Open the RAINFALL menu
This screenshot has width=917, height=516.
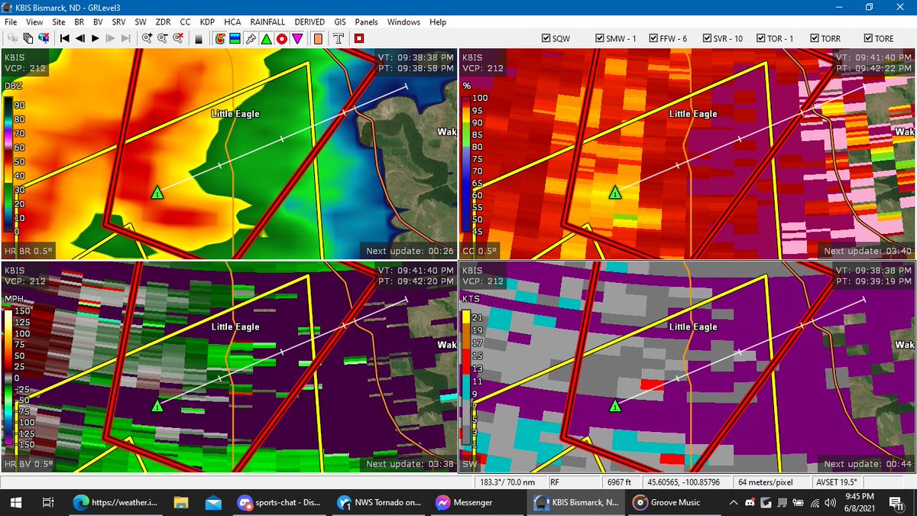pos(267,22)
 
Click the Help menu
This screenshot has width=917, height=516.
pos(438,22)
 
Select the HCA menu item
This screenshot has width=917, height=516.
pos(232,22)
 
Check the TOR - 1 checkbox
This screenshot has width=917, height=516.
pos(761,38)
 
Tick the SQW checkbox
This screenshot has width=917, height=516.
pos(546,38)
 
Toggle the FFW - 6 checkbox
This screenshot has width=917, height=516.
pos(653,38)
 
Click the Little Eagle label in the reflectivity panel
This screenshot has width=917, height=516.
pos(235,114)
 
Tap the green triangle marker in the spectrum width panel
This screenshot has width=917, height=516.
pos(615,405)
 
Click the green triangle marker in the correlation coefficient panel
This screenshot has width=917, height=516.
pos(615,193)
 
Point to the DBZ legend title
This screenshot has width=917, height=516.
pos(13,86)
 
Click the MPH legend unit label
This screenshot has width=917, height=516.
pos(14,299)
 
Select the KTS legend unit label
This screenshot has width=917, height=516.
pos(471,299)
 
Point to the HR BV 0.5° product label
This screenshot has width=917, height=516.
pos(29,464)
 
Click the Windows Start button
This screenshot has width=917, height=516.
pos(15,502)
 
